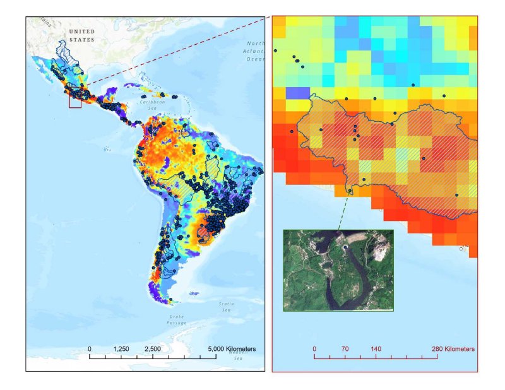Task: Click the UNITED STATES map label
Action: [81, 35]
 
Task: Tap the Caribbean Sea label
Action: [151, 104]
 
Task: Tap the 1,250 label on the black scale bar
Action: [121, 349]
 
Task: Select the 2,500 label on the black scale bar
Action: [153, 349]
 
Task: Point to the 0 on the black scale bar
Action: [90, 349]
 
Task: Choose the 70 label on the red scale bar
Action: [345, 348]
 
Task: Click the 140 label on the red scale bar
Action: [376, 348]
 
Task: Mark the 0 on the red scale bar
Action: [315, 348]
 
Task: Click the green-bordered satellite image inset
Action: [338, 270]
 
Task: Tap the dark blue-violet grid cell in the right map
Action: [296, 93]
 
